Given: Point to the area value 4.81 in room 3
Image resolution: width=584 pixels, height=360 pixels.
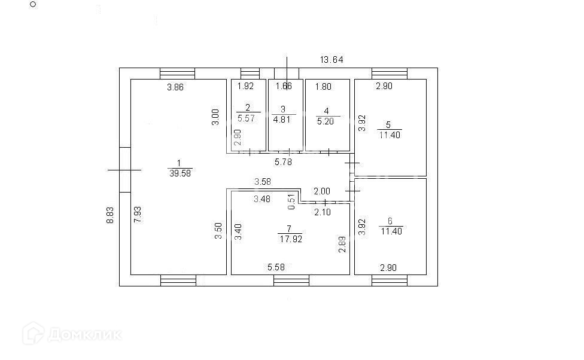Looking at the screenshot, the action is pyautogui.click(x=284, y=119).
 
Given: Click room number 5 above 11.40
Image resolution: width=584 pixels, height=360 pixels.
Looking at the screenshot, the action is pyautogui.click(x=388, y=125).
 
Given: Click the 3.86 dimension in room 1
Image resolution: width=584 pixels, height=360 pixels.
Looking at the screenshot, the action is pyautogui.click(x=175, y=87).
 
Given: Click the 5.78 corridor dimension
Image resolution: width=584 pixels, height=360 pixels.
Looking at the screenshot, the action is pyautogui.click(x=284, y=161).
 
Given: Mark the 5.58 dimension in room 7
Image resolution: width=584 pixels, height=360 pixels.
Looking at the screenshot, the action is pyautogui.click(x=276, y=267).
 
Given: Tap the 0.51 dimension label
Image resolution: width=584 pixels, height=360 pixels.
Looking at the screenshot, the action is pyautogui.click(x=291, y=202).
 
